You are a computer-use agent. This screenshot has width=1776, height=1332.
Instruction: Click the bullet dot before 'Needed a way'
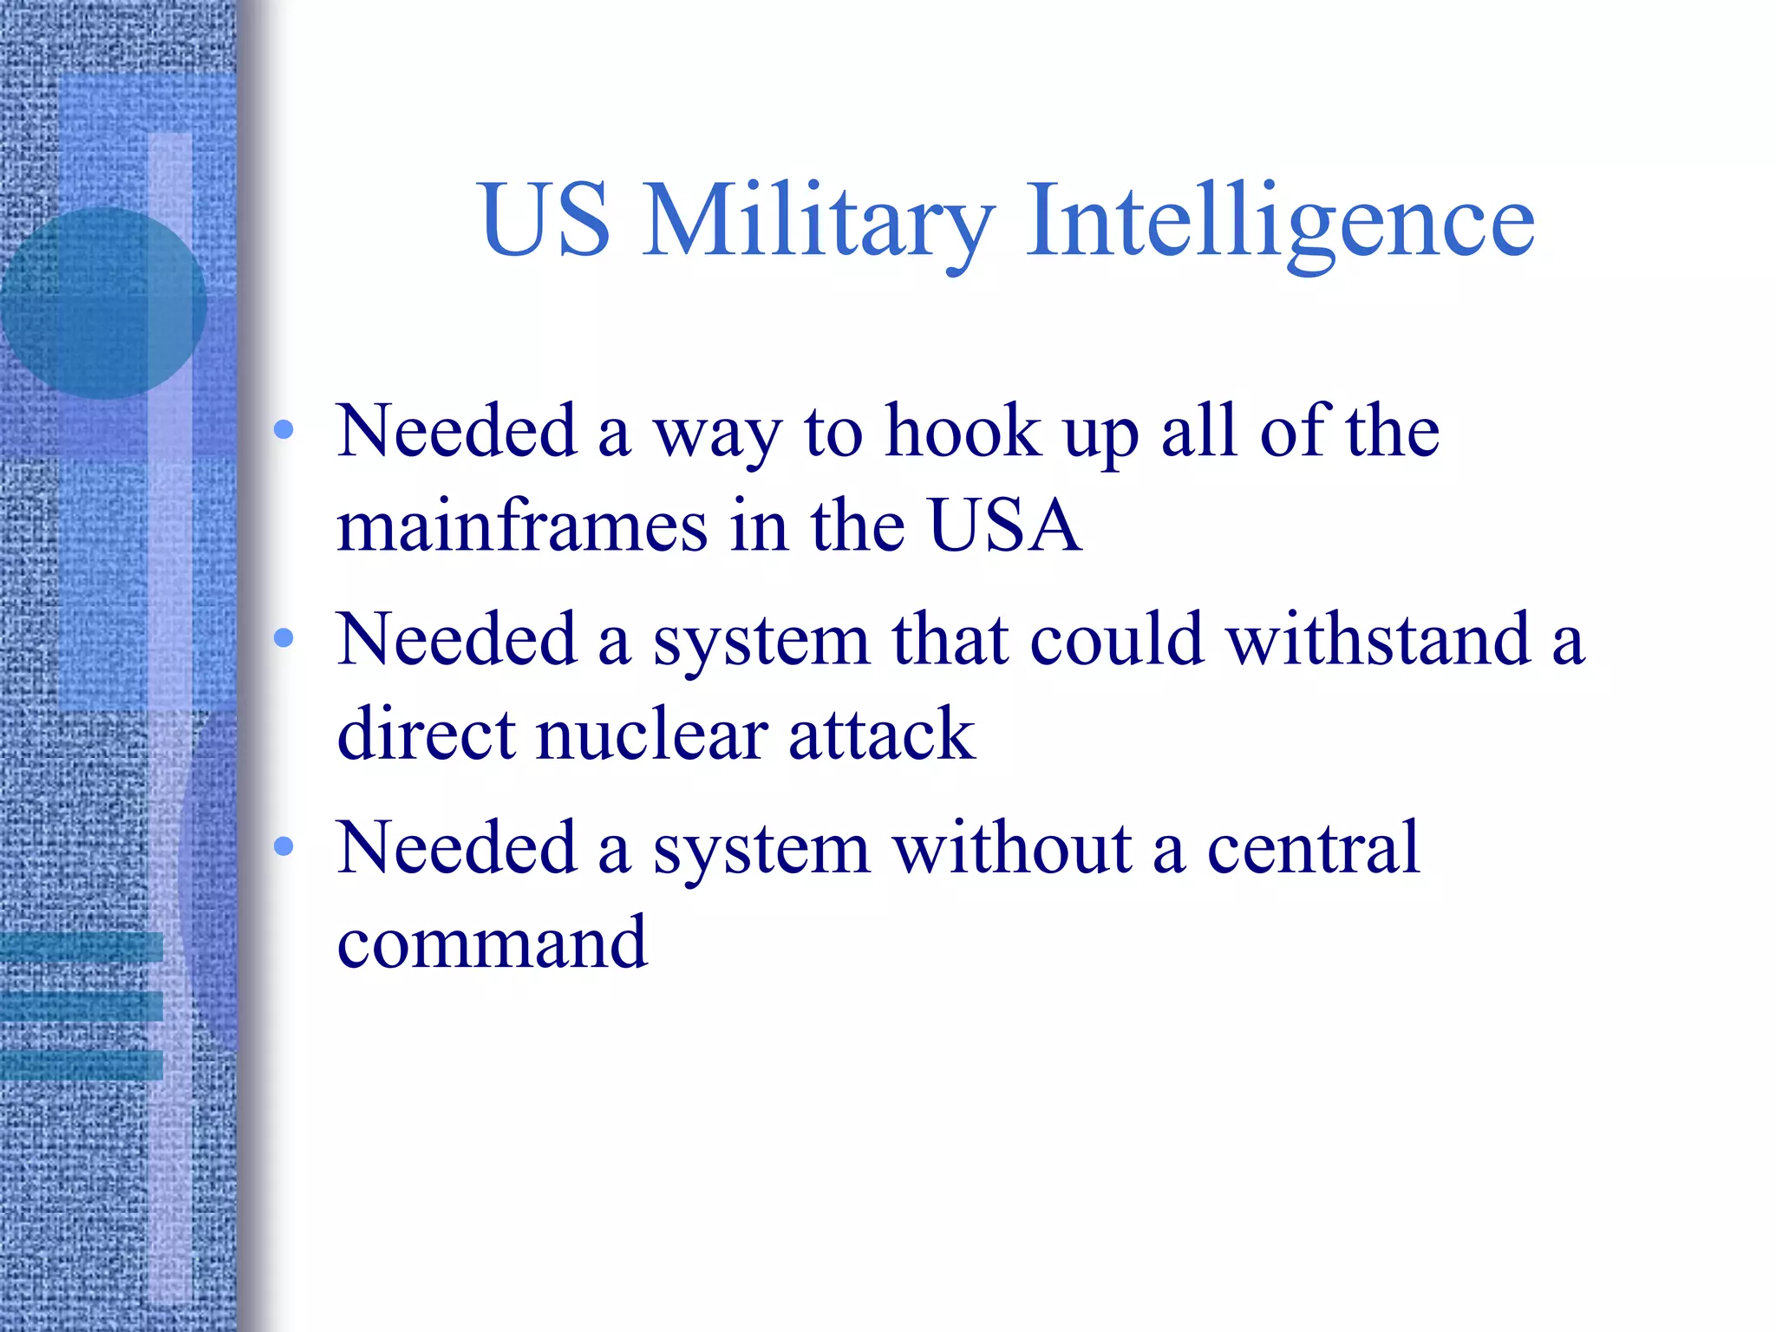284,430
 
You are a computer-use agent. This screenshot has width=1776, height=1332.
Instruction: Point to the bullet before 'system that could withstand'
284,638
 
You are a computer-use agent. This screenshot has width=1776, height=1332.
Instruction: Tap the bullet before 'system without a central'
284,846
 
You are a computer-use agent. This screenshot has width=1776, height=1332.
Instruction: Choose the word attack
881,735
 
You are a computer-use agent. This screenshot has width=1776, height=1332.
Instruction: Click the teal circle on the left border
102,304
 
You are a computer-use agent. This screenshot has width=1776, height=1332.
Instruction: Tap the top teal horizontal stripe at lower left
82,947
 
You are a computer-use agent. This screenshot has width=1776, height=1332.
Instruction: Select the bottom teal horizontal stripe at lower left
82,1065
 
